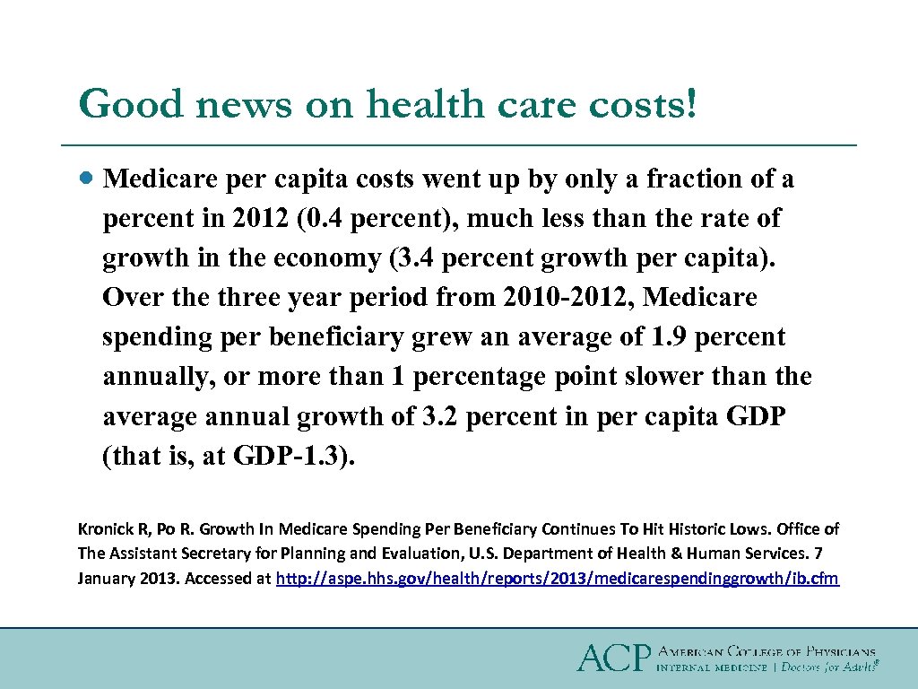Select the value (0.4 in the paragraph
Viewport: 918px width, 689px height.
(x=320, y=219)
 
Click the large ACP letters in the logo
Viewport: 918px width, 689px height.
(x=613, y=658)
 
